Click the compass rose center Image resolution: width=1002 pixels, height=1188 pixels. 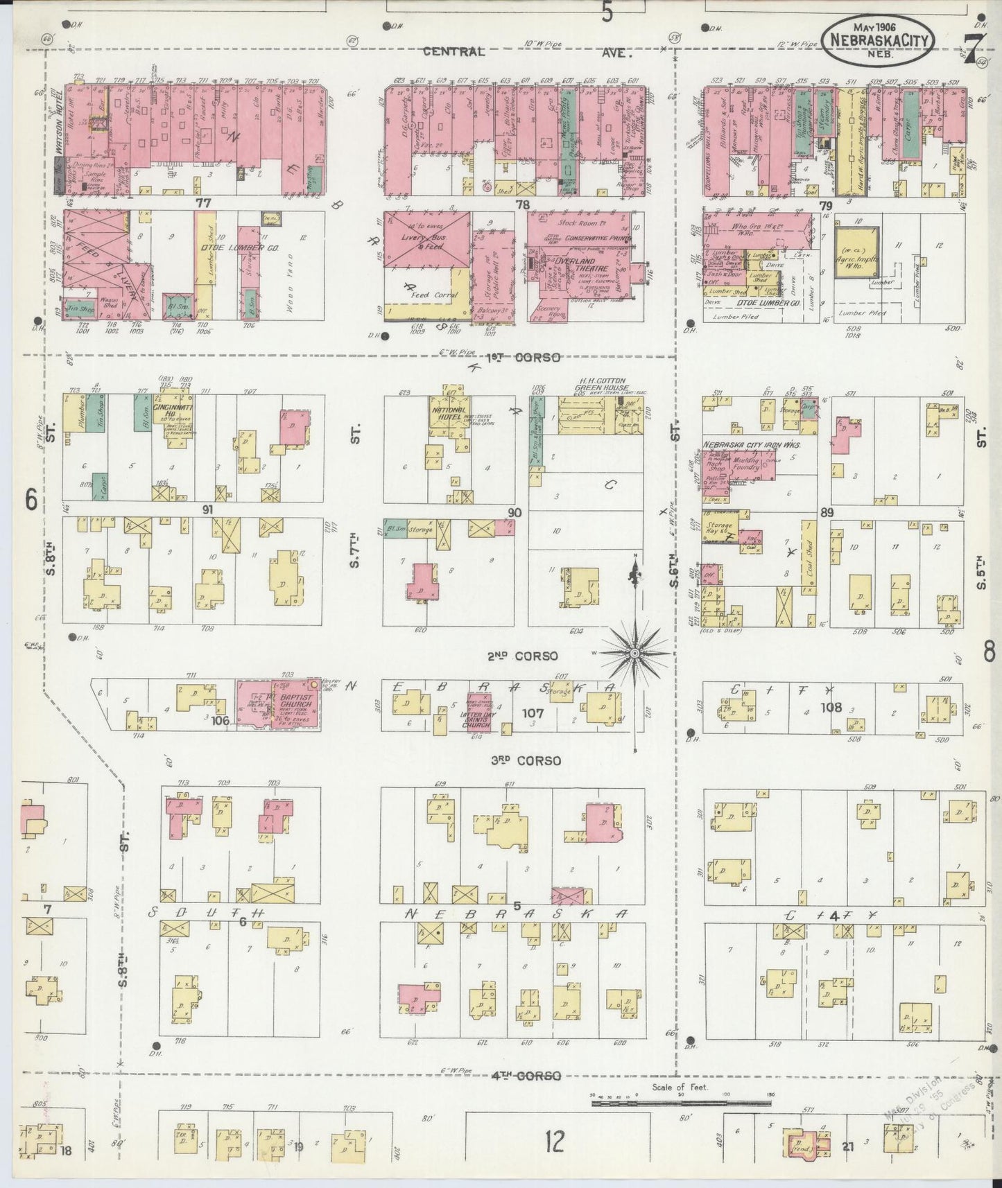[x=634, y=653]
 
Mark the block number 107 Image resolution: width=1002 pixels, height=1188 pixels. [x=533, y=713]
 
